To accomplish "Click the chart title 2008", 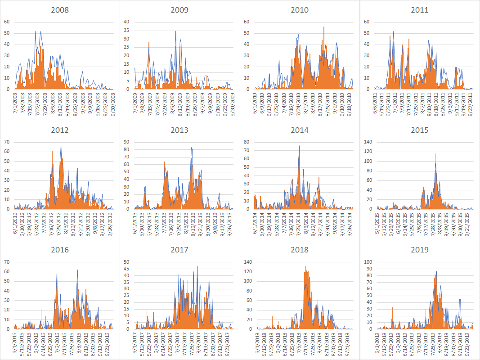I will click(x=60, y=10).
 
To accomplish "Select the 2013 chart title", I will click(x=179, y=130).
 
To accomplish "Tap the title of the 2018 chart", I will click(x=300, y=250).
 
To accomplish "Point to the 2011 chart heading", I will click(x=419, y=10).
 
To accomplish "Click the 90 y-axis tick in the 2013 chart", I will click(x=126, y=142).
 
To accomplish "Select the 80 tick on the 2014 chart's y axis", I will click(x=247, y=142).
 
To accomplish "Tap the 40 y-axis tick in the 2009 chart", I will click(x=126, y=22).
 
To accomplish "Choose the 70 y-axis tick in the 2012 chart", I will click(x=6, y=142).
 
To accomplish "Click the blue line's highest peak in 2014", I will click(x=299, y=146).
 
